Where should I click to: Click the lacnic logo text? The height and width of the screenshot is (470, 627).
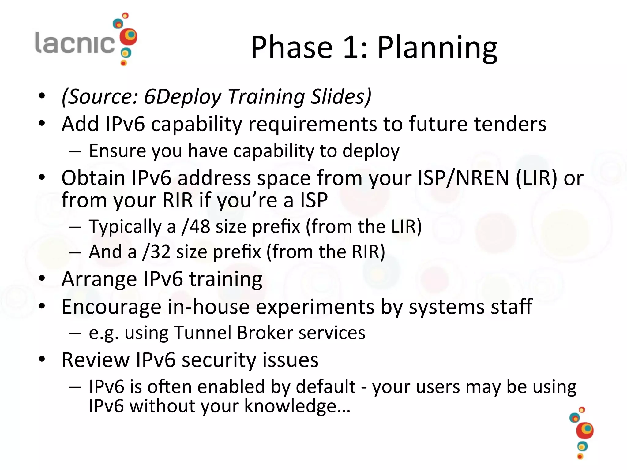tap(75, 43)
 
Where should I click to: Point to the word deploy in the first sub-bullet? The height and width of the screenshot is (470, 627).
tap(371, 151)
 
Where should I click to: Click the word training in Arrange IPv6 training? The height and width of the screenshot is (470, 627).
tap(225, 279)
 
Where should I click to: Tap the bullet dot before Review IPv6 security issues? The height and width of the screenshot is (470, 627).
tap(42, 359)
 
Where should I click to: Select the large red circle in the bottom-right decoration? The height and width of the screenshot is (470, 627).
tap(584, 431)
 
